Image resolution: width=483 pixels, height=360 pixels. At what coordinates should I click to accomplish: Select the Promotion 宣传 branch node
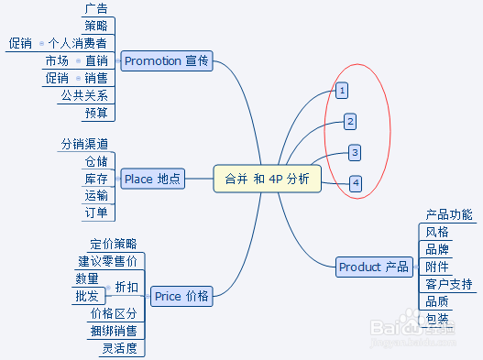coord(166,60)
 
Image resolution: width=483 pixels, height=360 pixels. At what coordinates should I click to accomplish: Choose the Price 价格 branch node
coord(181,296)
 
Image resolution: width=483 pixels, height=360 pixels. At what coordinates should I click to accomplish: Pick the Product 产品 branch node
coord(373,267)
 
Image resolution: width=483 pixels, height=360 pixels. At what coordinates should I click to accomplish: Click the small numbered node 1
coord(341,91)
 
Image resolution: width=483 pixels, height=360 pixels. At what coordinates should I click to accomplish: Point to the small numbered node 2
coord(349,121)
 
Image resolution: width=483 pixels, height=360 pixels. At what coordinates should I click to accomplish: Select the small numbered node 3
coord(355,152)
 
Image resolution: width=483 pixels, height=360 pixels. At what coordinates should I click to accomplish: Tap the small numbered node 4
coord(355,183)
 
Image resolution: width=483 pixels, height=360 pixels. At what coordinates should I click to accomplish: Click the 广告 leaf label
coord(95,9)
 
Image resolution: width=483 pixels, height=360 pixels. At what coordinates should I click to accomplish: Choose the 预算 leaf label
coord(95,113)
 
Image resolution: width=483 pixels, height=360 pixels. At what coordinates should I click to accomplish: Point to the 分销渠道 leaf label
coord(84,144)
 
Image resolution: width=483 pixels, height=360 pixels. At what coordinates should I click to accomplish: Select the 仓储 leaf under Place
coord(95,161)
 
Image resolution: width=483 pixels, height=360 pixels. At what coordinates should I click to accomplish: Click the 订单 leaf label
coord(95,213)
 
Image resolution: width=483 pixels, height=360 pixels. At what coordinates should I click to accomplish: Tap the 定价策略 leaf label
coord(114,244)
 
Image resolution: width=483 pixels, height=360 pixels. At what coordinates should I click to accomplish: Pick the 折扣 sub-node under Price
coord(126,287)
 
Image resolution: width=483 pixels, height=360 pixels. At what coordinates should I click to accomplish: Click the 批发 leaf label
coord(86,296)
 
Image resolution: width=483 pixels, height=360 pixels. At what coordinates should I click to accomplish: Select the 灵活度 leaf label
coord(119,347)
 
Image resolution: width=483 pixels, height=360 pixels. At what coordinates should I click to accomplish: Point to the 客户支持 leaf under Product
coord(449,284)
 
